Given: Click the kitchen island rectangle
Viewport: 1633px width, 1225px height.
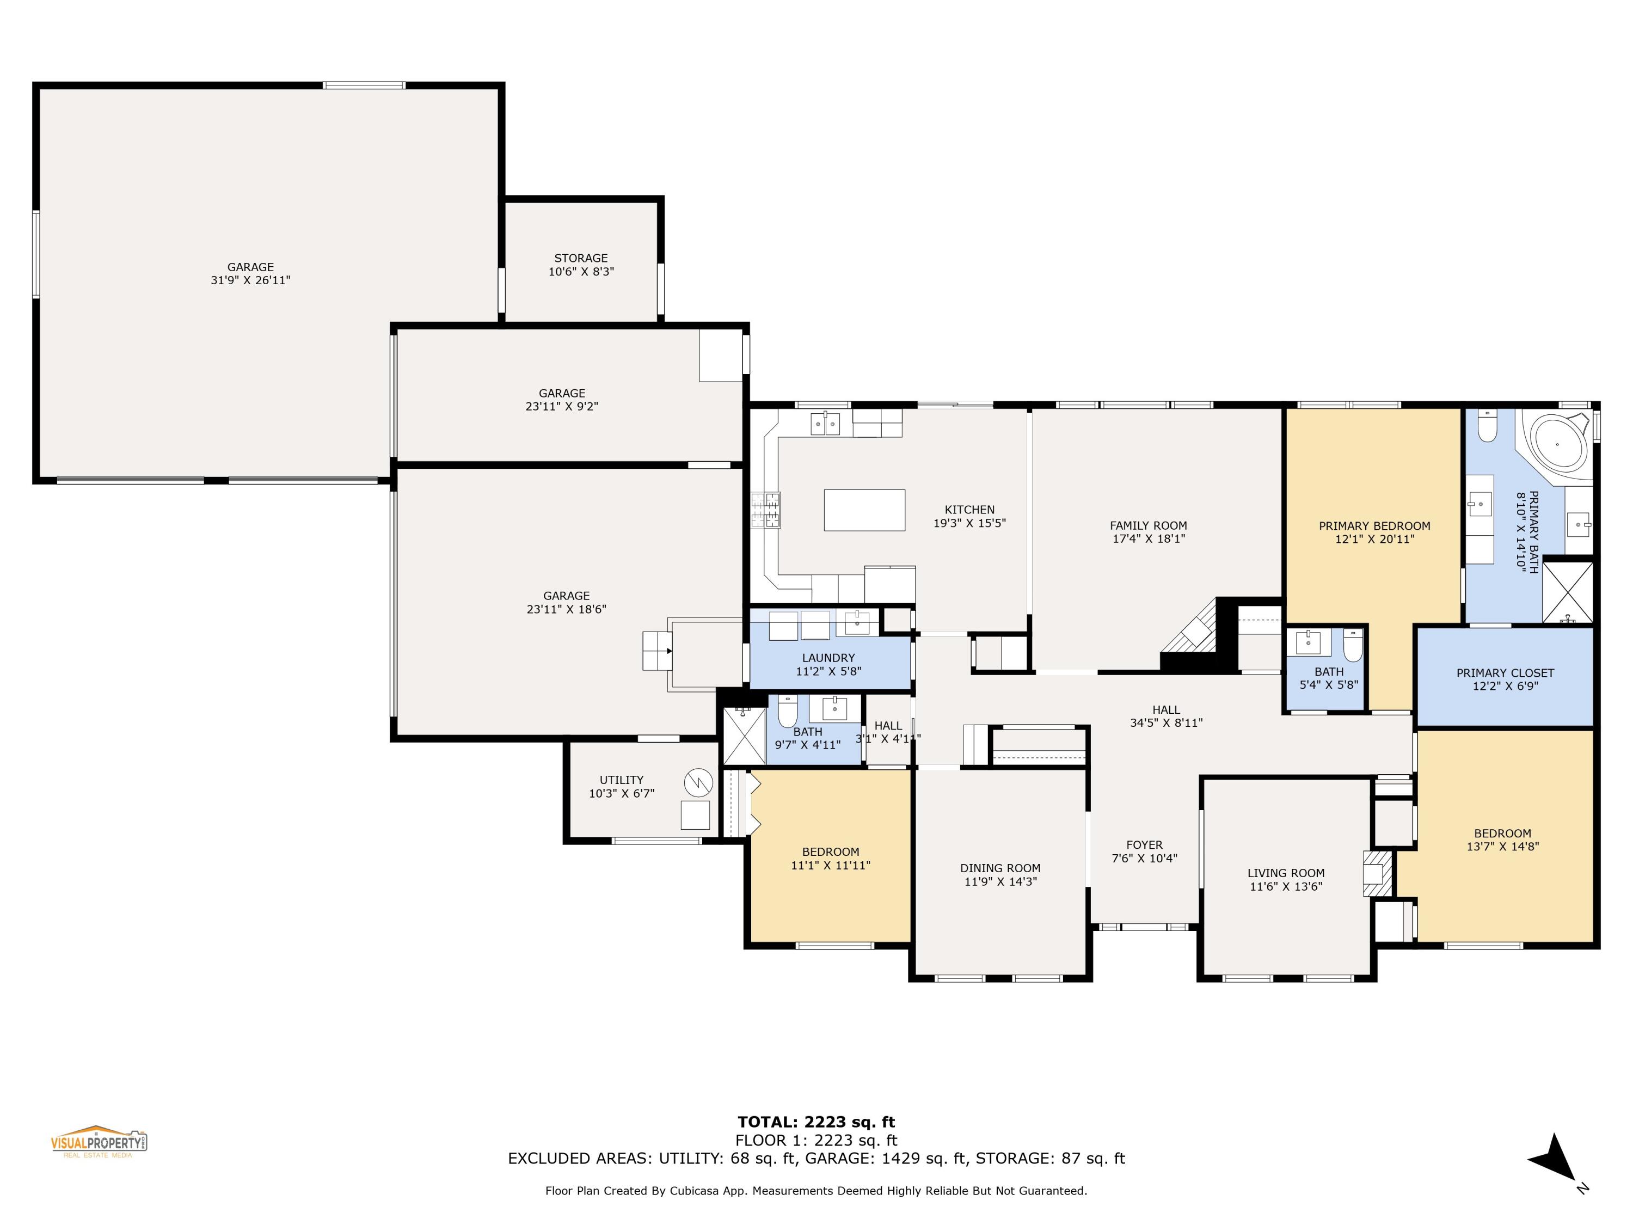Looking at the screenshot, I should point(864,510).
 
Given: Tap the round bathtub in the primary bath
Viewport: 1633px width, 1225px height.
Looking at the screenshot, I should point(1557,444).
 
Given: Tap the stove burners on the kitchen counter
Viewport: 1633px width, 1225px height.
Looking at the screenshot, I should point(765,510).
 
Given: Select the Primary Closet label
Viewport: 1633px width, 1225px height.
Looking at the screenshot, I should point(1505,673).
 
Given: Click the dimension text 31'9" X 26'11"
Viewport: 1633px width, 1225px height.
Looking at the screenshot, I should point(250,280).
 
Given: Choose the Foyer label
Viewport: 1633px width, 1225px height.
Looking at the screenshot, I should point(1144,845).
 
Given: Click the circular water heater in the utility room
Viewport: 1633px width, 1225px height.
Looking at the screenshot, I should point(698,781).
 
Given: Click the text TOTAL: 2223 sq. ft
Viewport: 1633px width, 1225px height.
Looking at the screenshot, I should point(816,1122).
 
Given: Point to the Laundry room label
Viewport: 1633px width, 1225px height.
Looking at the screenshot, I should point(828,658).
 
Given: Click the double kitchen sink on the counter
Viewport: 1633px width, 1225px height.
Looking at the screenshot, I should point(825,424).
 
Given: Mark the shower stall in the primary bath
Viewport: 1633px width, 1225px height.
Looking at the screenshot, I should point(1568,592).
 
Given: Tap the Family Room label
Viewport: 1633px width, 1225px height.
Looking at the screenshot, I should point(1148,526).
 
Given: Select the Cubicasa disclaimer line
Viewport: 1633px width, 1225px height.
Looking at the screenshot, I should point(816,1190).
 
